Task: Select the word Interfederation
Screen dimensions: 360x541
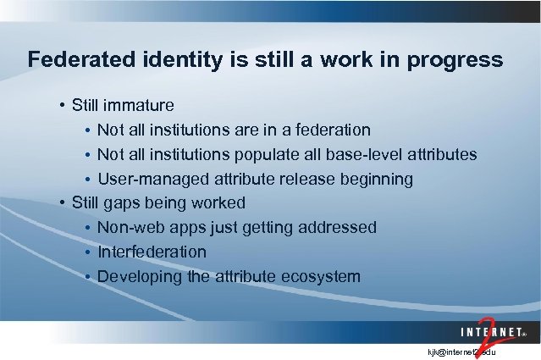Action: tap(152, 252)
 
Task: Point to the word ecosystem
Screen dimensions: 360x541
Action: tap(323, 277)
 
